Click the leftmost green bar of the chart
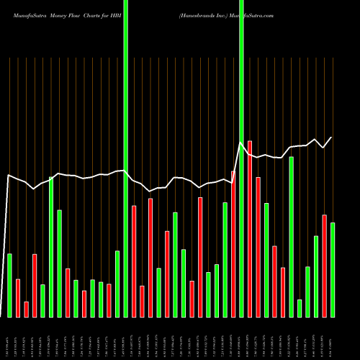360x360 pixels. point(9,285)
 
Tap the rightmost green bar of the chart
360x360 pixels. point(333,270)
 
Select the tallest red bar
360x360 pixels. point(250,229)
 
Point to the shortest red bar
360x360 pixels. point(27,310)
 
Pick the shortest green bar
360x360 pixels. point(300,308)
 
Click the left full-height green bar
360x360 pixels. point(126,158)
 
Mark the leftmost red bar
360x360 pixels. point(18,298)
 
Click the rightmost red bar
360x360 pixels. point(325,266)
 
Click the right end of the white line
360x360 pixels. point(332,138)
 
